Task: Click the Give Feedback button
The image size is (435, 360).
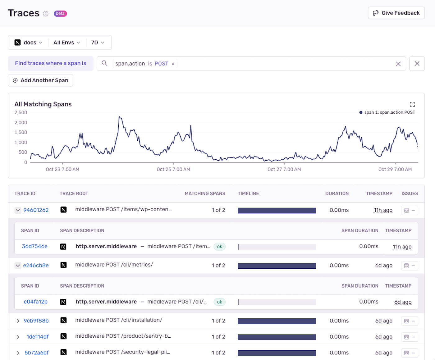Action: tap(396, 13)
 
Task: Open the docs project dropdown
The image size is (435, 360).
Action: tap(28, 43)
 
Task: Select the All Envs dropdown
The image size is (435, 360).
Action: tap(66, 43)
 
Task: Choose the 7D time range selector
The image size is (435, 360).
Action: tap(98, 43)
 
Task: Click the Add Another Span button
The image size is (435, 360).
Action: tap(40, 80)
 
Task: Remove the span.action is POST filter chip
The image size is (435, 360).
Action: tap(173, 64)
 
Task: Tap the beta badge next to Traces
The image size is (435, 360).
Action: tap(60, 13)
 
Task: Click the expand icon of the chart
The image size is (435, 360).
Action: tap(412, 104)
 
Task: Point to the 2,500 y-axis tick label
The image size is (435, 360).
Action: tap(21, 112)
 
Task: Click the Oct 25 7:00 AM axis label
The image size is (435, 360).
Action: tap(173, 169)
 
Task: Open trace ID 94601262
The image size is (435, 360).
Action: tap(36, 210)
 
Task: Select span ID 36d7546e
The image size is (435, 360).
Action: tap(35, 247)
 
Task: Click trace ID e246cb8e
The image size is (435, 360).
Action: tap(36, 266)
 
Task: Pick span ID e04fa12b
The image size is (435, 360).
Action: tap(36, 302)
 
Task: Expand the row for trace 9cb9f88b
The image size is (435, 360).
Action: tap(18, 321)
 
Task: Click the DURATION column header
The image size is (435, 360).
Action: tap(337, 194)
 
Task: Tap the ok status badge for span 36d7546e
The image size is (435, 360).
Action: tap(219, 247)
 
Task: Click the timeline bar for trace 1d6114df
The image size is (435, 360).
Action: tap(277, 337)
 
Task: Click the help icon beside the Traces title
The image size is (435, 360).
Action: tap(46, 14)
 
